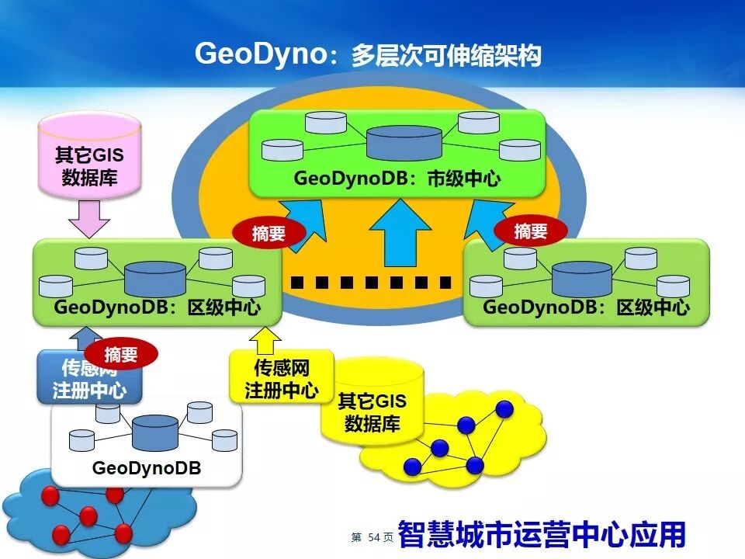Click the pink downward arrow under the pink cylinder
(90, 218)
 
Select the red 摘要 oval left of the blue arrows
(269, 233)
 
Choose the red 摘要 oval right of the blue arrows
(531, 231)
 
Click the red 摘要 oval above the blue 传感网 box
(120, 354)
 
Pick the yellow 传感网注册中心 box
(281, 378)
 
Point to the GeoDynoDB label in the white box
(146, 468)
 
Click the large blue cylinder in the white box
(155, 432)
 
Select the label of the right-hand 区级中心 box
(586, 307)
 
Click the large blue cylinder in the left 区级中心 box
(155, 277)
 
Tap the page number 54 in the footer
(376, 537)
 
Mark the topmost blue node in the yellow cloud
(504, 408)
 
